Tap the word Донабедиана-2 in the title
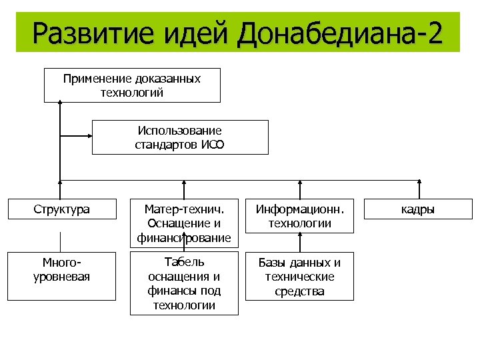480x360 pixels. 339,33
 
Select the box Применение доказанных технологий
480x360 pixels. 132,85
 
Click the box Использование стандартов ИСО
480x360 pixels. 180,137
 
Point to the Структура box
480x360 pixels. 61,209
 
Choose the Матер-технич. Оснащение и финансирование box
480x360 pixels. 184,223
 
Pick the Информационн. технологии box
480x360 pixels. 299,216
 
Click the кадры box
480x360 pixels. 418,209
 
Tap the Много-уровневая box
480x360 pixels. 61,269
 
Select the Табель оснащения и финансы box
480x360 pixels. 184,283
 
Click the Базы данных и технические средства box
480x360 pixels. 299,276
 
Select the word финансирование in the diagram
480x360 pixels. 184,237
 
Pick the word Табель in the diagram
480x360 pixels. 185,262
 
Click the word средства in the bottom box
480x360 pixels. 299,291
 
